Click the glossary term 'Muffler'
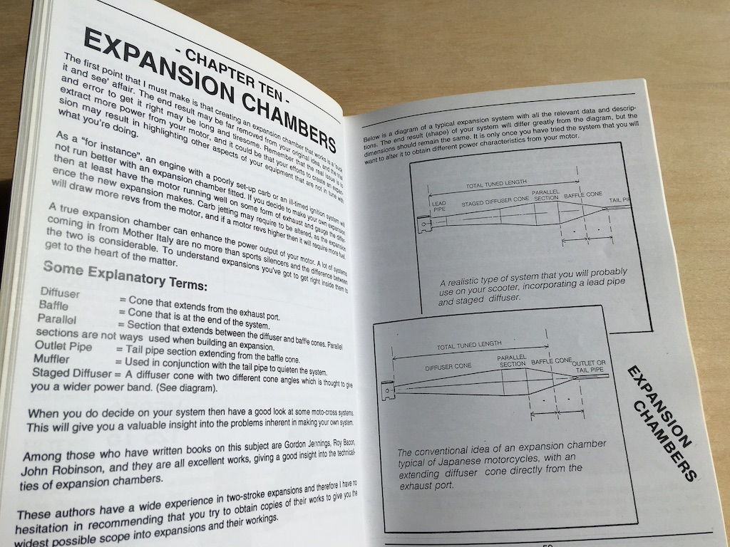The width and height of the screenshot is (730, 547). [52, 358]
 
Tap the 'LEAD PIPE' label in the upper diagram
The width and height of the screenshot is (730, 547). [439, 207]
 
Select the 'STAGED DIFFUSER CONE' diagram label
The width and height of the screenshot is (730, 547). [492, 200]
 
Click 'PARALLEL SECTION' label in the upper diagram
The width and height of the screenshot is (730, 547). [546, 195]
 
